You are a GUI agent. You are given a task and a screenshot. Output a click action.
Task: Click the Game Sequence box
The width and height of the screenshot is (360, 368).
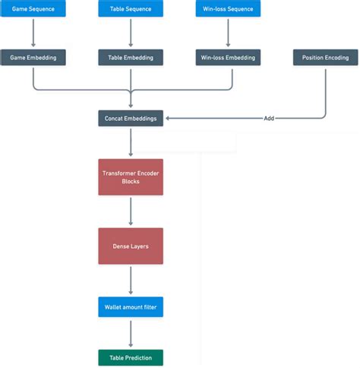click(33, 9)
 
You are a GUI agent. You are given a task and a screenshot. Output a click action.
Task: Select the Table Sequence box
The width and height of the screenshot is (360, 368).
click(131, 9)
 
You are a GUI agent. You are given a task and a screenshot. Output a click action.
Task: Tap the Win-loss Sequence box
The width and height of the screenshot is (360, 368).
click(229, 9)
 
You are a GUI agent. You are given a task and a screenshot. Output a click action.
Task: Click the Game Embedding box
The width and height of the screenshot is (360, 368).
click(33, 57)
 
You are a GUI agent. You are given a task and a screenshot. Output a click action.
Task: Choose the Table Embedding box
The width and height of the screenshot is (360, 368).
click(131, 57)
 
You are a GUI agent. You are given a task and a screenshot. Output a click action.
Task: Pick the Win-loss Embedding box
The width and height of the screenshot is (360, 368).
click(229, 57)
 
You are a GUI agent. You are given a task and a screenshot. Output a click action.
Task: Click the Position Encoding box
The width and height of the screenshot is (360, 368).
click(325, 57)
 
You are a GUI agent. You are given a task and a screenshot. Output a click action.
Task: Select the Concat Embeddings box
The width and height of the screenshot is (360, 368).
click(131, 118)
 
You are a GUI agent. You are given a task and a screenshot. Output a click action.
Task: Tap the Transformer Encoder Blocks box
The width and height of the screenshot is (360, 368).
click(131, 177)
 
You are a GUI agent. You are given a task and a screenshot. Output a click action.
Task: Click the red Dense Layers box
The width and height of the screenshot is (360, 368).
click(131, 246)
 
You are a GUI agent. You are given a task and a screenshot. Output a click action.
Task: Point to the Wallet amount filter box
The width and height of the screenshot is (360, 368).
click(131, 307)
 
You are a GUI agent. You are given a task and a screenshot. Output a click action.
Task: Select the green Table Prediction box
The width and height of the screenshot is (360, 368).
click(131, 357)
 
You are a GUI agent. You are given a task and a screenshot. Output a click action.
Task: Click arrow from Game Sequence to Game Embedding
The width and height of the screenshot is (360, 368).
click(33, 33)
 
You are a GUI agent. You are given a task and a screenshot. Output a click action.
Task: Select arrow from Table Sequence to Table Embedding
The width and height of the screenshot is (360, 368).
click(131, 33)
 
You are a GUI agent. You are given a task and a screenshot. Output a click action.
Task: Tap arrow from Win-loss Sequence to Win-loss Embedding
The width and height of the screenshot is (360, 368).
click(229, 33)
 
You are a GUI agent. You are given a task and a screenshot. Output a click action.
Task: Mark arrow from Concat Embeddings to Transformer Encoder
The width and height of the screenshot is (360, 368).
click(131, 142)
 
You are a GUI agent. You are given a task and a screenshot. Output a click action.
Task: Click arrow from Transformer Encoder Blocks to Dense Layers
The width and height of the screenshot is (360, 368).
click(131, 211)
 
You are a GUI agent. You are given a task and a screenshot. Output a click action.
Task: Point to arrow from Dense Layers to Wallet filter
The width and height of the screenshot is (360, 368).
click(131, 281)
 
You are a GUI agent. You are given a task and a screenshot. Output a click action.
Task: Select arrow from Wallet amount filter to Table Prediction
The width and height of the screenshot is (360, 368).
click(131, 333)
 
